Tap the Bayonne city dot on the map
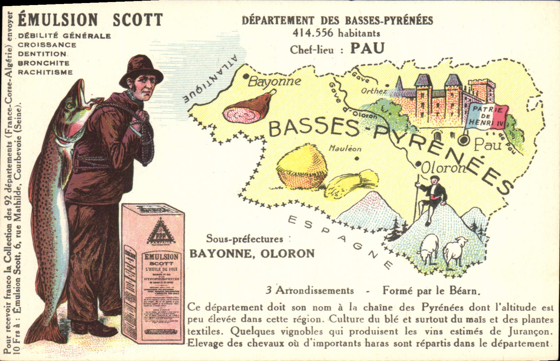tap(247, 76)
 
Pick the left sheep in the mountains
tap(428, 248)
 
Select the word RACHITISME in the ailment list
tap(45, 72)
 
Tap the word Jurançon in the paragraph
tap(529, 331)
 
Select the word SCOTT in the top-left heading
tap(137, 20)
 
